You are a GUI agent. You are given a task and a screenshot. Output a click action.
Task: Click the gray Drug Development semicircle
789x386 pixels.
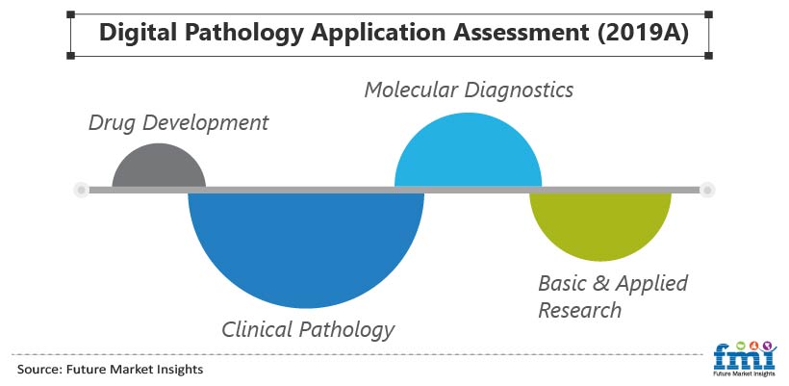pos(159,167)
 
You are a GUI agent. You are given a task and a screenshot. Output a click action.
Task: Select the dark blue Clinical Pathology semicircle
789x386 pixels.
pos(306,246)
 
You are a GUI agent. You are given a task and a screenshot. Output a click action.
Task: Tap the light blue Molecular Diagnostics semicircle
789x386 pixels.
pos(468,153)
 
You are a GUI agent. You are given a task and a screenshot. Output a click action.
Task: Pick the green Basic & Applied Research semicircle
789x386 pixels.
pos(600,224)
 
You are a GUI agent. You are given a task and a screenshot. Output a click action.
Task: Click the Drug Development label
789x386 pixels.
pos(179,123)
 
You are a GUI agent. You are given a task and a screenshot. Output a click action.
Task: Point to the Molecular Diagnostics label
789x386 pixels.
pos(469,90)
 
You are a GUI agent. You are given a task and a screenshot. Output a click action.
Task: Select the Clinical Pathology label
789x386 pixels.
pos(308,330)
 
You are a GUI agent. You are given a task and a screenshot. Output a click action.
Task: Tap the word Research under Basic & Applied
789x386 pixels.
pos(579,310)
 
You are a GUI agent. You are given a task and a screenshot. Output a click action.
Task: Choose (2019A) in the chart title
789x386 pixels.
pos(642,32)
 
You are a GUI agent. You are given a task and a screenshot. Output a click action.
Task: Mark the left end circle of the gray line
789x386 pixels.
pos(81,190)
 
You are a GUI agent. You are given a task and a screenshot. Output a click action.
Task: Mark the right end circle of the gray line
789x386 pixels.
pos(707,190)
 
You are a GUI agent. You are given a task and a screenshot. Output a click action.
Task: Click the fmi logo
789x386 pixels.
pos(745,358)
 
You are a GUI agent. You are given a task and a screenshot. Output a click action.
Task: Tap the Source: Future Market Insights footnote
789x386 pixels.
pos(111,370)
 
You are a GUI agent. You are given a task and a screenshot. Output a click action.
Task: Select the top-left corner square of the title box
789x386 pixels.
pos(70,14)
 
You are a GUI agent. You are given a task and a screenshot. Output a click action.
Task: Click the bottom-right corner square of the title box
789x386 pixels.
pos(708,56)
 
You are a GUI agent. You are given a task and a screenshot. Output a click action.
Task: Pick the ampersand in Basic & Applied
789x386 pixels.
pos(600,283)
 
